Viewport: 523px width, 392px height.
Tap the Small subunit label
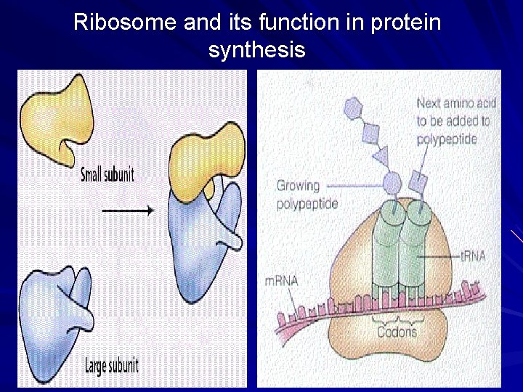pos(108,174)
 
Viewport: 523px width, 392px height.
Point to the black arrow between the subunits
pos(127,211)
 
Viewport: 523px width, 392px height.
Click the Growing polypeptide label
pos(307,195)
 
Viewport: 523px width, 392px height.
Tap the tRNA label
pos(473,256)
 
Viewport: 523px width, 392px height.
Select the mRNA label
pos(282,281)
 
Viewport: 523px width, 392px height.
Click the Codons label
pos(397,332)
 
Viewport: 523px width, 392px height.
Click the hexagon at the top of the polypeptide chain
pos(353,108)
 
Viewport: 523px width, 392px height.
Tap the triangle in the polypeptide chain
pos(379,155)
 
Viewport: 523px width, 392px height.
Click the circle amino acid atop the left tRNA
pos(392,181)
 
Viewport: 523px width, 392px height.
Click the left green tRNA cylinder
pos(386,247)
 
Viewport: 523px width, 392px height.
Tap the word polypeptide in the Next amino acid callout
pos(447,138)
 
